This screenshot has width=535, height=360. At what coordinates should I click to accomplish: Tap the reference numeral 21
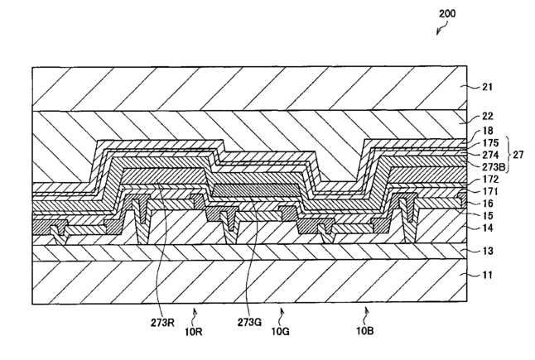click(488, 85)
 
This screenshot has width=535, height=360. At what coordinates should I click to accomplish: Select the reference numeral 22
click(488, 117)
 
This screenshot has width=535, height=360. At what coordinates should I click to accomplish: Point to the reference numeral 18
click(487, 132)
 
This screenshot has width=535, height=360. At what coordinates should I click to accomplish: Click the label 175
click(489, 142)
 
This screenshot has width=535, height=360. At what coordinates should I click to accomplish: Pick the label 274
click(489, 154)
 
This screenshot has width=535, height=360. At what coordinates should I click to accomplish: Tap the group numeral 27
click(519, 154)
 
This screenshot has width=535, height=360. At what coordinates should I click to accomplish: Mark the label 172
click(489, 180)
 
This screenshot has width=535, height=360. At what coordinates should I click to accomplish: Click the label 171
click(489, 192)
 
